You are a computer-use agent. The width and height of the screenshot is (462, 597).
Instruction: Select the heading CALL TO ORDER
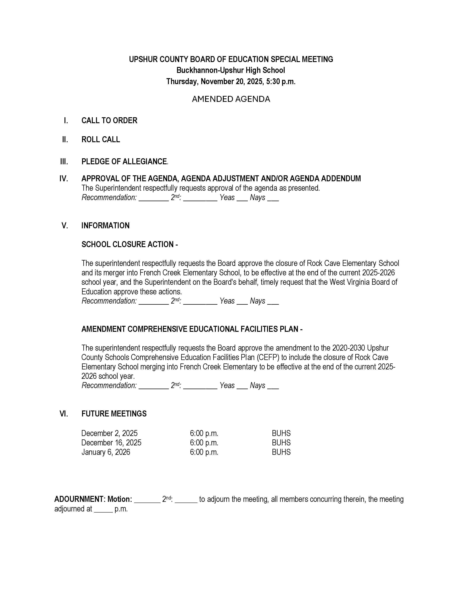coord(109,120)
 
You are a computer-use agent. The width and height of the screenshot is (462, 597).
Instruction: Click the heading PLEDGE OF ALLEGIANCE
coord(124,162)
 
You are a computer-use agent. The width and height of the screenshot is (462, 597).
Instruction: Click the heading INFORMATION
coord(105,226)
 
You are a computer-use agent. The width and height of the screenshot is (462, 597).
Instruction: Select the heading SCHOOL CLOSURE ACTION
coord(130,244)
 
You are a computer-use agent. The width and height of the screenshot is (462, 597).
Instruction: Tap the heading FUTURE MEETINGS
coord(114,414)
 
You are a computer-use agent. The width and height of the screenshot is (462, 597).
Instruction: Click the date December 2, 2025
coord(109,433)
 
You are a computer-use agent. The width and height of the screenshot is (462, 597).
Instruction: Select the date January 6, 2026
coord(106,452)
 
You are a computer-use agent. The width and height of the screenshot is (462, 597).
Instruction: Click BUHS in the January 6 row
coord(281,452)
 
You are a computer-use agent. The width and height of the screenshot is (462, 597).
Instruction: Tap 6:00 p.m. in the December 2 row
coord(204,433)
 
